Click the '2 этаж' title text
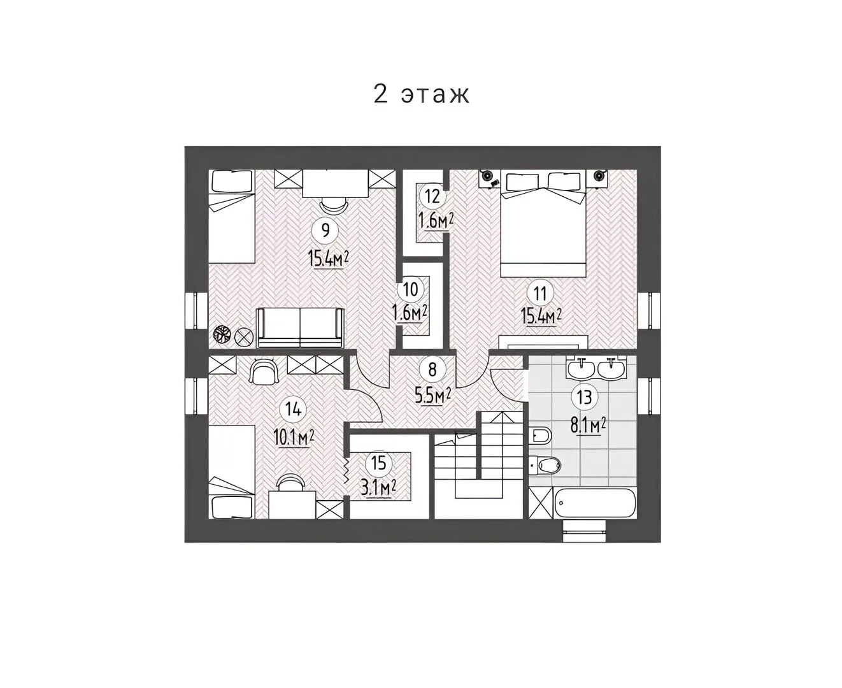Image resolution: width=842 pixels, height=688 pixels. click(x=421, y=94)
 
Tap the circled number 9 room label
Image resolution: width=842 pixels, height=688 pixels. click(x=325, y=230)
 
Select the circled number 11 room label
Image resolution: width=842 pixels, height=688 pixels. click(x=539, y=294)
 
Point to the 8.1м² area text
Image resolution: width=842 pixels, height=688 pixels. click(x=588, y=425)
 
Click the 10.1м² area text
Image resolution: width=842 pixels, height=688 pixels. click(x=294, y=438)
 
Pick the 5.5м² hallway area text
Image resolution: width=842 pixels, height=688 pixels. click(x=432, y=396)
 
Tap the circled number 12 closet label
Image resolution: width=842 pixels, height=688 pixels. click(x=432, y=196)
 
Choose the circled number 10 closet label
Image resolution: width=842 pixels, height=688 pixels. click(x=410, y=289)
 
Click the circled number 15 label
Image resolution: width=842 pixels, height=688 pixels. click(x=378, y=463)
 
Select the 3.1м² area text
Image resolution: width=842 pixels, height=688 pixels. click(x=378, y=489)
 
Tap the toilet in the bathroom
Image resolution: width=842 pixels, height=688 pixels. click(x=546, y=464)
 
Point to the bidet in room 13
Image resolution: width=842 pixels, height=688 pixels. click(x=542, y=436)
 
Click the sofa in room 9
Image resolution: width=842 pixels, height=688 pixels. click(x=300, y=327)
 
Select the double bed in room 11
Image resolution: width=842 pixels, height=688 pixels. click(x=543, y=224)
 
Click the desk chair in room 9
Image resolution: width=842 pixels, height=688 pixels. click(x=334, y=206)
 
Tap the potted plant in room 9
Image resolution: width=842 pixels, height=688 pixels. click(x=222, y=334)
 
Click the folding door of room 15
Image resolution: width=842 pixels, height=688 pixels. click(x=346, y=475)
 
